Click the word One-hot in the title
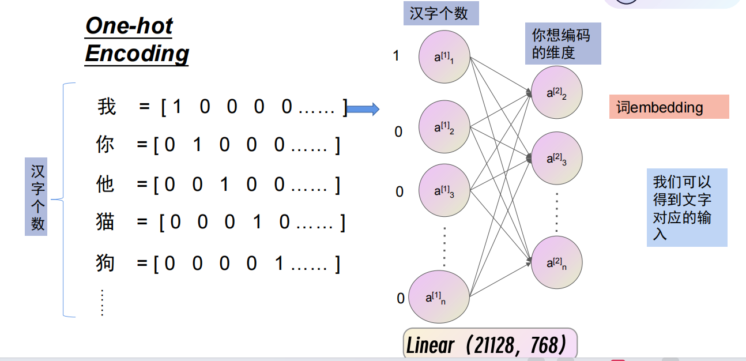[x=129, y=26]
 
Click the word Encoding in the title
[x=137, y=53]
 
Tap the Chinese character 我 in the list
[x=107, y=107]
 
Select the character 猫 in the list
[x=105, y=222]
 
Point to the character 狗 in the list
[x=105, y=263]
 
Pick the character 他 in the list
[x=105, y=185]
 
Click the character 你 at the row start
[x=105, y=145]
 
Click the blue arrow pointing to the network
[x=363, y=108]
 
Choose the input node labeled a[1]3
[x=444, y=190]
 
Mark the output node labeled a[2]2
[x=556, y=92]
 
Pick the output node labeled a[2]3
[x=556, y=159]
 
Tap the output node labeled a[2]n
[x=556, y=263]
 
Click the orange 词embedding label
[x=669, y=107]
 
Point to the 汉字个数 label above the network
[x=440, y=14]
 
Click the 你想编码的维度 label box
[x=563, y=44]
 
